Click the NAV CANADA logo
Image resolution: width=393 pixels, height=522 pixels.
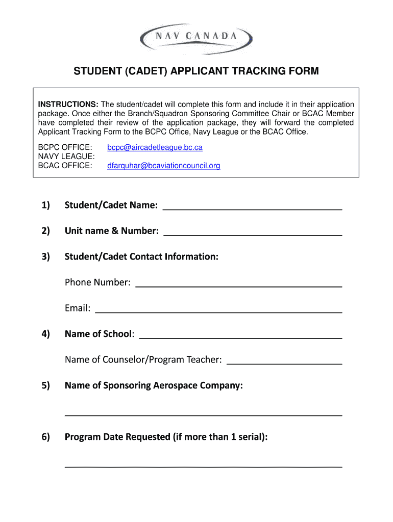click(x=196, y=37)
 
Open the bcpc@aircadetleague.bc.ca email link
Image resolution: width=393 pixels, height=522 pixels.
click(x=155, y=147)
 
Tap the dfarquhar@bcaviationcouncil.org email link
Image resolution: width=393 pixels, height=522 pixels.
click(x=163, y=166)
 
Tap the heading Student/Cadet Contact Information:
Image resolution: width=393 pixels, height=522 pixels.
click(x=141, y=256)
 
